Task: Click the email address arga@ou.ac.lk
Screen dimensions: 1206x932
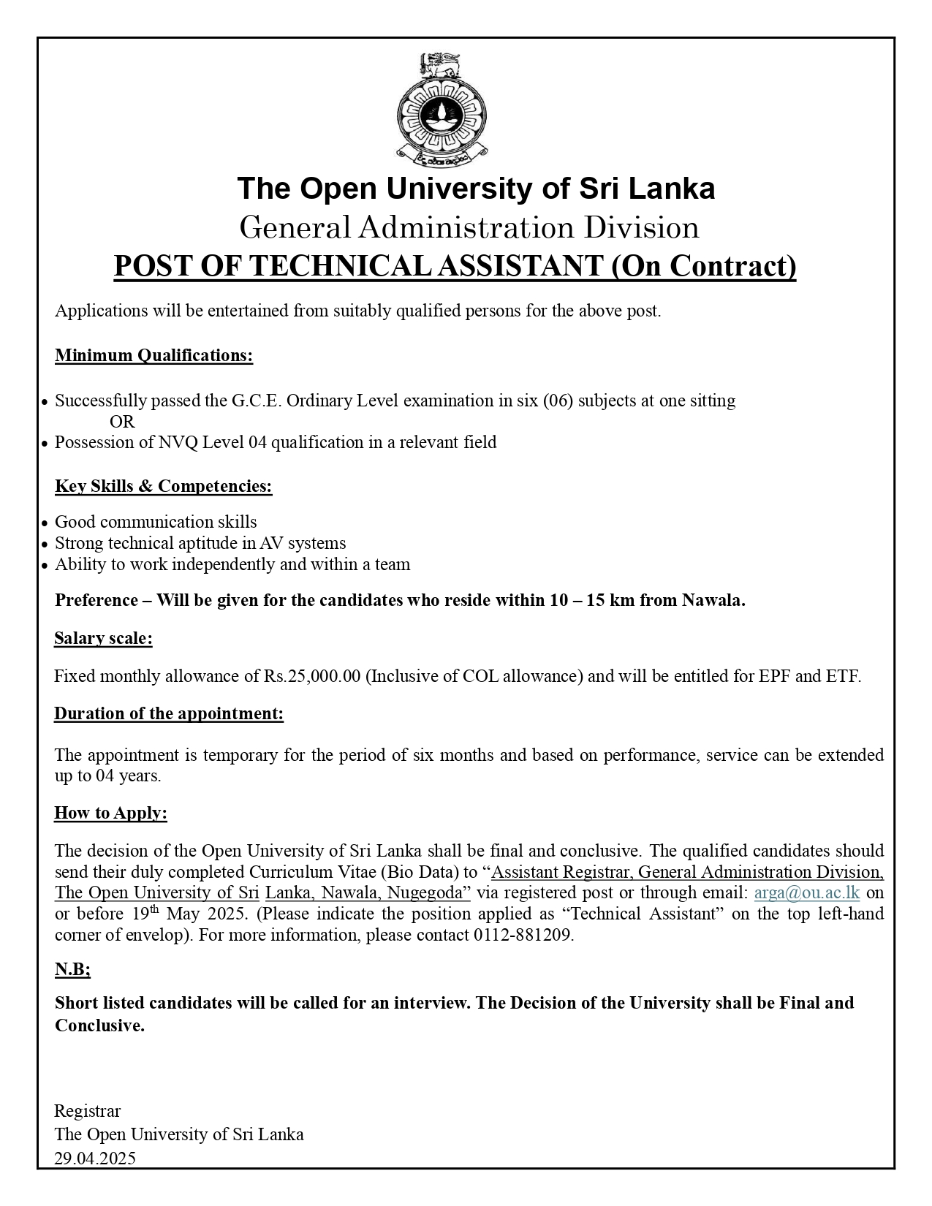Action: pos(806,892)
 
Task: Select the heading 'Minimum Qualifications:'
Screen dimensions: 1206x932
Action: pos(154,356)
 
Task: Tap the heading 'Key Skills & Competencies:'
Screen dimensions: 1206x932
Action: pos(163,487)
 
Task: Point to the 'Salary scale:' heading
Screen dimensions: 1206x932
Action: pos(103,639)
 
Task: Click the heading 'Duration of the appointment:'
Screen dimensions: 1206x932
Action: pos(168,714)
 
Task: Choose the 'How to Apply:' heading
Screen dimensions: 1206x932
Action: pos(110,814)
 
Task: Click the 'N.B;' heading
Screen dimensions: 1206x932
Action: pos(72,970)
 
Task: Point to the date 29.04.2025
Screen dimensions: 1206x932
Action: pos(95,1158)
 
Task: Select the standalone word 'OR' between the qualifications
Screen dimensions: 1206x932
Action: pos(122,422)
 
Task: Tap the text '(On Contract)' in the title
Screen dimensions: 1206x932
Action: pos(703,266)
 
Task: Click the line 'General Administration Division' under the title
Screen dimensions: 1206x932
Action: pos(469,227)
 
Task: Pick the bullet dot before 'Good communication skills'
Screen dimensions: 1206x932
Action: pos(45,523)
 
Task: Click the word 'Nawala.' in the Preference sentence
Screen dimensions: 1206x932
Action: pos(713,601)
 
